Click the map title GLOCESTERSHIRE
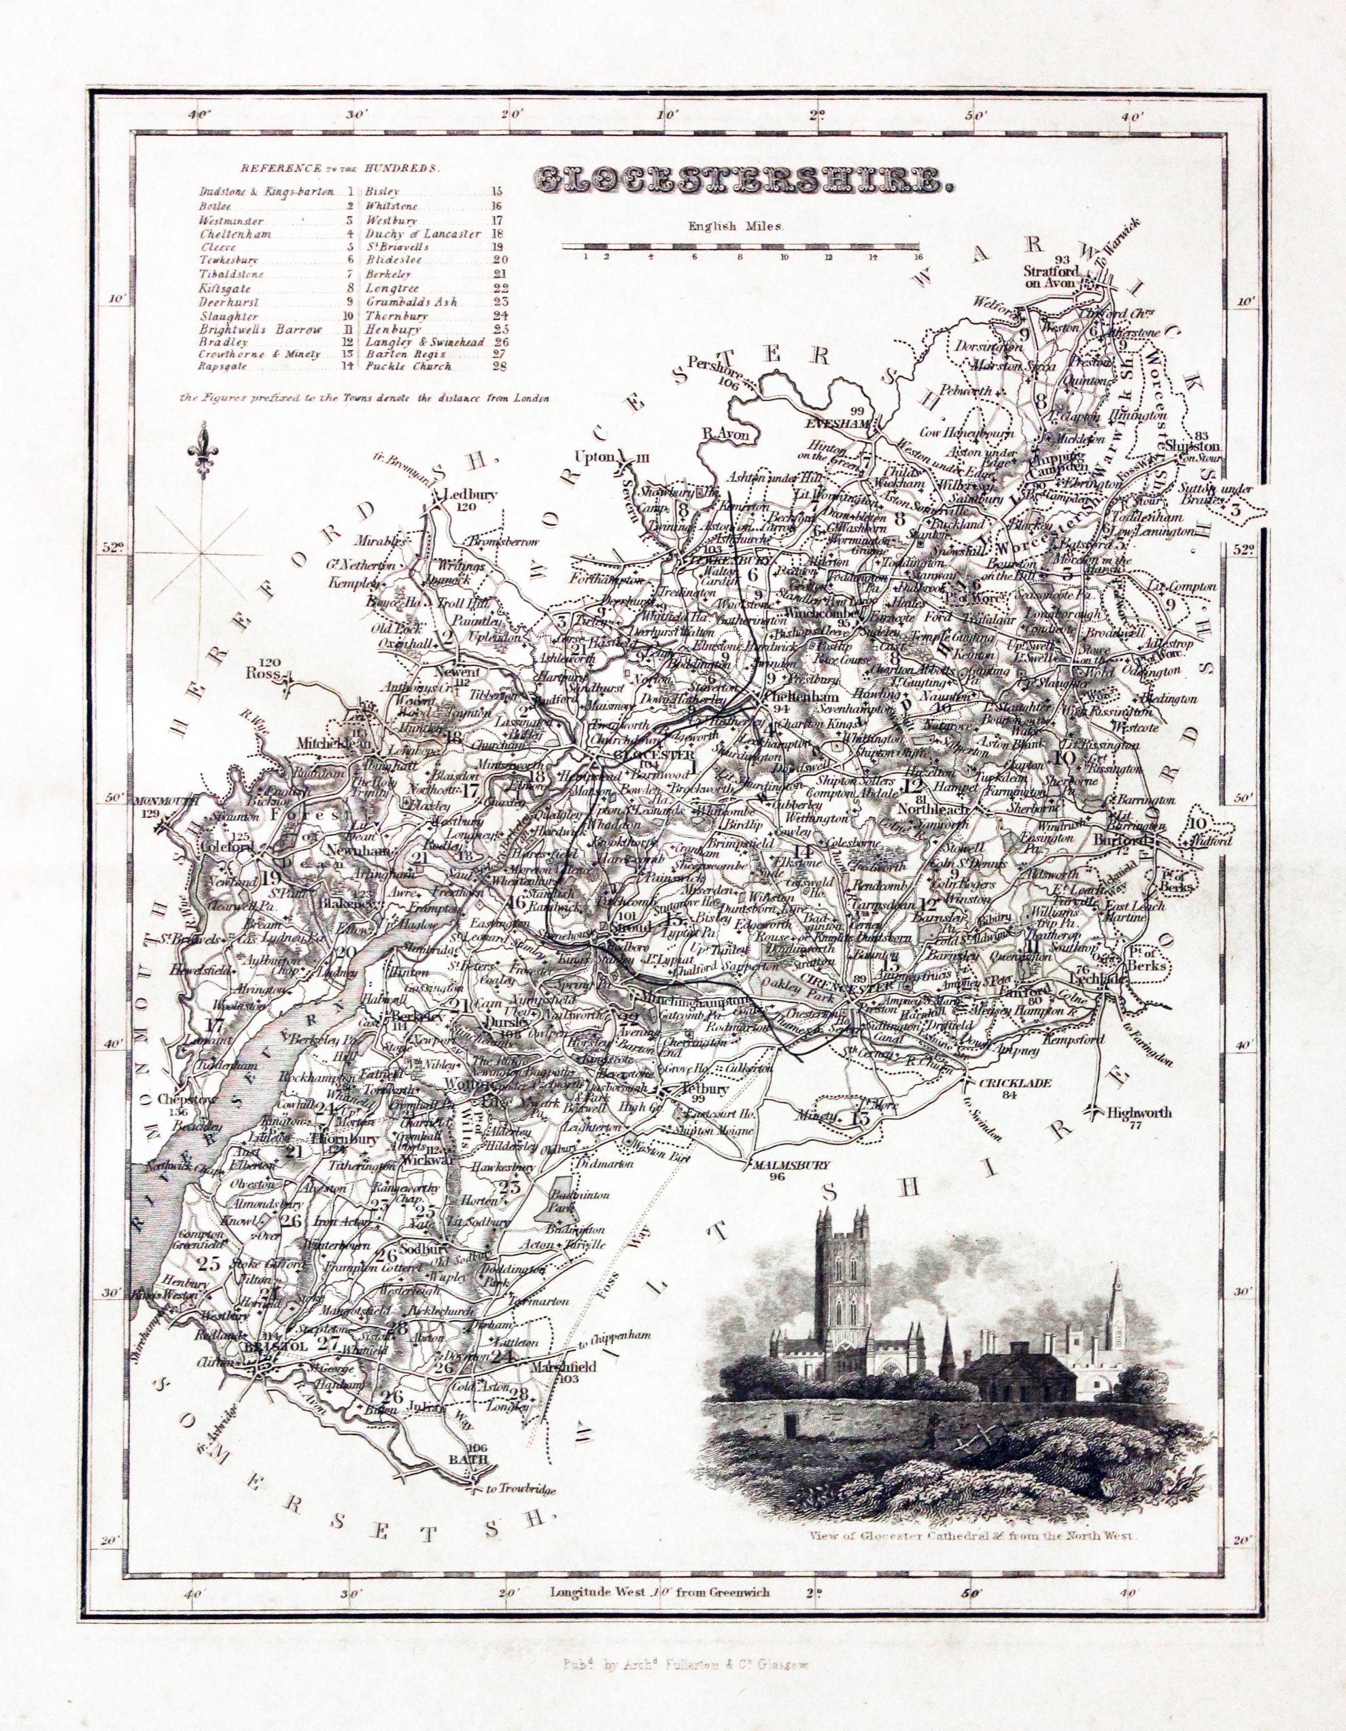point(743,180)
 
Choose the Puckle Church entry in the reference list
point(409,366)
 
